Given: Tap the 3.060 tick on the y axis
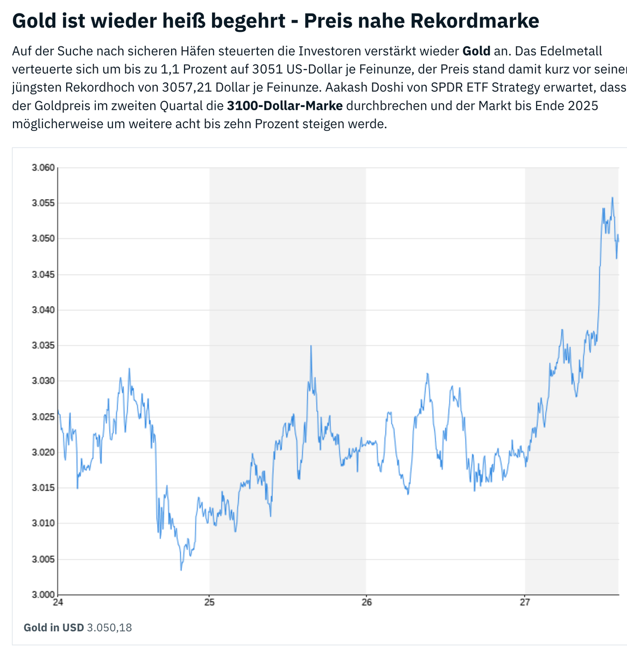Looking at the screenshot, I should [x=44, y=168].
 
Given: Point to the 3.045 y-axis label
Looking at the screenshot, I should [x=44, y=275].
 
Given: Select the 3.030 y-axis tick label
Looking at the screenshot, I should [x=44, y=381].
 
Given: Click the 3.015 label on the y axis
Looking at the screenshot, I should [x=44, y=488].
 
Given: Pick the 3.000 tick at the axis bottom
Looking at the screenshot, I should [x=44, y=594].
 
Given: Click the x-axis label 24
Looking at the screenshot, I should [x=58, y=602].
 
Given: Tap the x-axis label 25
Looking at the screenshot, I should [x=209, y=602].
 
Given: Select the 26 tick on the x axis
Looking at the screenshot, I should [x=366, y=602].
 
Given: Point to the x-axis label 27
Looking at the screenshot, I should [x=525, y=602].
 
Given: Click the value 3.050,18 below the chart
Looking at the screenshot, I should [x=109, y=628].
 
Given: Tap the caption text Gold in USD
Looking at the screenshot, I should [x=54, y=628].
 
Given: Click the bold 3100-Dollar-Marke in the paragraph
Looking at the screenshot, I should [x=285, y=106].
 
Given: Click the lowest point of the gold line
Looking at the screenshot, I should [x=181, y=570].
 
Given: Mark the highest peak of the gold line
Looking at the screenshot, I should [x=612, y=198].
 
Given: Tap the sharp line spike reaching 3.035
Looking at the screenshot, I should [x=311, y=346].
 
